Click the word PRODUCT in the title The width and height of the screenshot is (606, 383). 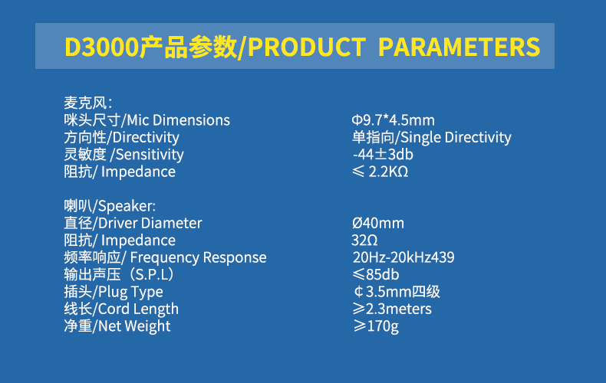coord(307,47)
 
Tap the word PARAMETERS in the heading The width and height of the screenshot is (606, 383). coord(459,47)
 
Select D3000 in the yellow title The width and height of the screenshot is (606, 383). coord(101,47)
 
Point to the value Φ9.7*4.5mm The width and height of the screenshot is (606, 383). coord(393,120)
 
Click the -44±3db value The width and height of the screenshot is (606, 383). coord(383,155)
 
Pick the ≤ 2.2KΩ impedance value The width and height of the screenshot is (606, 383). coord(380,172)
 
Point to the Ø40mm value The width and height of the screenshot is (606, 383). coord(378,223)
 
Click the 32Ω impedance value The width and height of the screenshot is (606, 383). coord(364,241)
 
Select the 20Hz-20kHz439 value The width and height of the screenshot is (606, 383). coord(403,257)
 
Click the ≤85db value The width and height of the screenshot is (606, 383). coord(376,274)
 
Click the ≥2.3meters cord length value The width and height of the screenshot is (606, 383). coord(392,309)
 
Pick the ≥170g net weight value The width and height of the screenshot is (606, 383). coord(376,326)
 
